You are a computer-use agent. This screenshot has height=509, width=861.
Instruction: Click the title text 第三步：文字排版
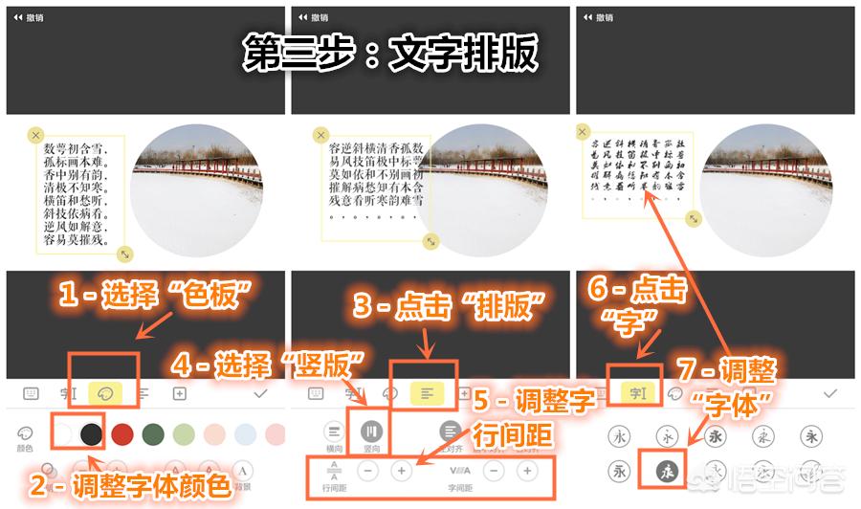pos(390,54)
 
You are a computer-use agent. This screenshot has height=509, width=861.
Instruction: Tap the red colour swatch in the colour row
pos(121,433)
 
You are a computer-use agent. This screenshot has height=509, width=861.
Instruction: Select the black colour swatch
pos(91,433)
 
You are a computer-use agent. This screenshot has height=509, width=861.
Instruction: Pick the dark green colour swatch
pos(153,433)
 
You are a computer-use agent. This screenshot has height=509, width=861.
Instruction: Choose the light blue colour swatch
pos(246,433)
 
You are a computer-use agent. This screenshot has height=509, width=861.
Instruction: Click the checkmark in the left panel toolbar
pos(260,392)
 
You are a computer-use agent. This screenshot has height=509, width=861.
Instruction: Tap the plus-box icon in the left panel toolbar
pos(179,392)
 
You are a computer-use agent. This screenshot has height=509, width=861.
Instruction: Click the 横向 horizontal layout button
pos(334,433)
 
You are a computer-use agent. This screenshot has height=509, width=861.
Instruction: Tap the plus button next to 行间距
pos(403,471)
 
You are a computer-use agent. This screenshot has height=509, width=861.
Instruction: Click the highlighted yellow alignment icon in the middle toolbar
pos(425,392)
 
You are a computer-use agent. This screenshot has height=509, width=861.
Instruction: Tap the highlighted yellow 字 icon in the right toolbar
pos(635,392)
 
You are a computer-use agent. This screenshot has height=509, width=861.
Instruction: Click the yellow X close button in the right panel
pos(583,131)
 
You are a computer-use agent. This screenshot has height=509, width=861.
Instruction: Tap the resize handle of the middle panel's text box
pos(430,243)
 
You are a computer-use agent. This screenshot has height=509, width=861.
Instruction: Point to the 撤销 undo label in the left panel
pos(31,17)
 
